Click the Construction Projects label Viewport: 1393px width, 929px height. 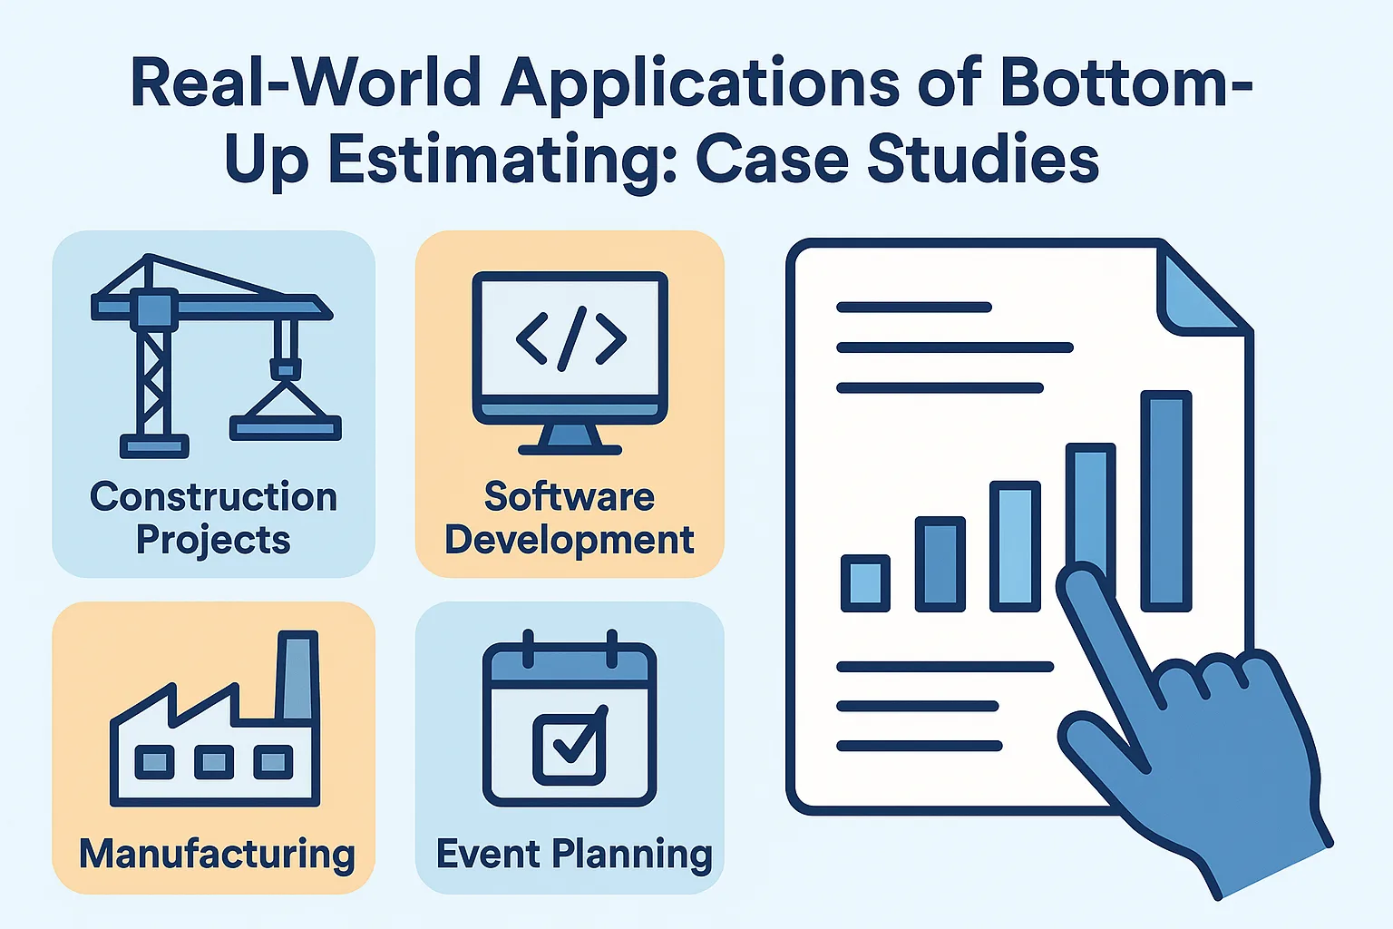pyautogui.click(x=213, y=517)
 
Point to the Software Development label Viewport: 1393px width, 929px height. pyautogui.click(x=569, y=517)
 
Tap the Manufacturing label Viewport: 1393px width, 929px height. pyautogui.click(x=217, y=854)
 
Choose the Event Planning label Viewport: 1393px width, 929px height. pyautogui.click(x=574, y=855)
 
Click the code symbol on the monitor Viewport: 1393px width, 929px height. pyautogui.click(x=570, y=338)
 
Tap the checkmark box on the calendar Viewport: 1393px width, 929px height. pyautogui.click(x=570, y=745)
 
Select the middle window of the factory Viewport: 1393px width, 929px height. pyautogui.click(x=214, y=762)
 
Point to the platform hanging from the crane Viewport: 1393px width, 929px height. pyautogui.click(x=286, y=428)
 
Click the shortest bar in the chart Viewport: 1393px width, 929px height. pyautogui.click(x=865, y=583)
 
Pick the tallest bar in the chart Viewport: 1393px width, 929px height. pyautogui.click(x=1166, y=501)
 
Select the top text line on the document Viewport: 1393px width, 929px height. pyautogui.click(x=913, y=307)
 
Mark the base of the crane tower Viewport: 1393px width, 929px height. pyautogui.click(x=154, y=446)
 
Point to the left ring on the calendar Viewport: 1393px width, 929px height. pyautogui.click(x=528, y=649)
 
